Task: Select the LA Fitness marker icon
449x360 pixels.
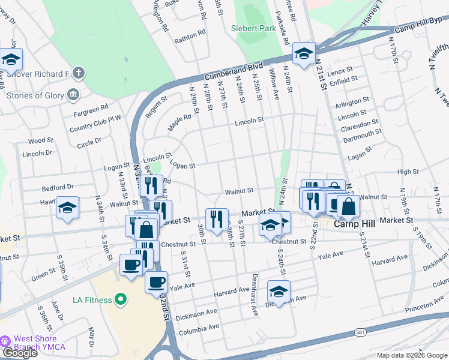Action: [121, 299]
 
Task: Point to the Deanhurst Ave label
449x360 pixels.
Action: [255, 303]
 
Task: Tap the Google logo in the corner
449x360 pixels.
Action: [20, 353]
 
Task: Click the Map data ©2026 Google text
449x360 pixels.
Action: [412, 355]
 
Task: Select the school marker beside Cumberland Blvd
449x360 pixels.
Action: [304, 55]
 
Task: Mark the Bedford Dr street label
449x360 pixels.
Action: [58, 187]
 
